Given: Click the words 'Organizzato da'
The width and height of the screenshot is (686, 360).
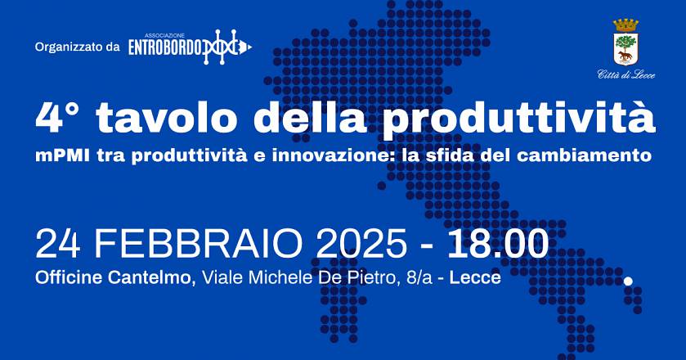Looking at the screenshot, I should [x=77, y=47].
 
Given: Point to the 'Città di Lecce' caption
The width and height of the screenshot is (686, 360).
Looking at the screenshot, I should [x=626, y=75].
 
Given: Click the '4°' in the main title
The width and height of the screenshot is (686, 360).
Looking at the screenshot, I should [x=57, y=119].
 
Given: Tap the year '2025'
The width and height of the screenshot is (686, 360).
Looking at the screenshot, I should [x=361, y=243].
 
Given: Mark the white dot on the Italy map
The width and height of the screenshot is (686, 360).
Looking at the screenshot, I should [x=628, y=281].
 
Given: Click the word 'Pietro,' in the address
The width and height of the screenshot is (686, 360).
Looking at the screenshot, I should [x=363, y=277].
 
